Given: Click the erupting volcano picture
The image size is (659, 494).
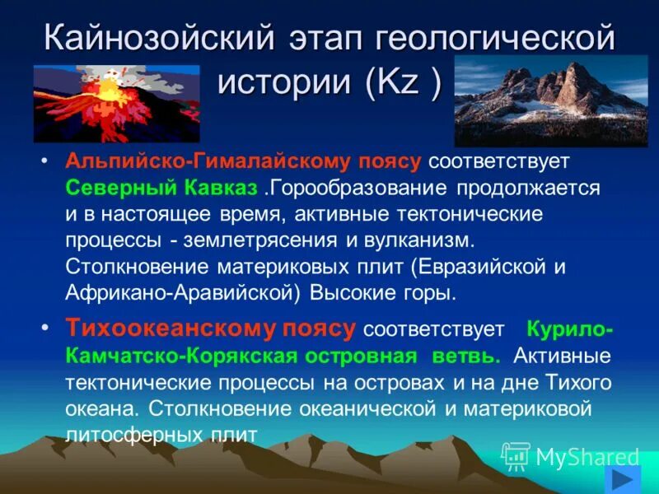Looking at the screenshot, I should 116,104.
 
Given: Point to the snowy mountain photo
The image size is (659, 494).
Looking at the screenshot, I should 551,100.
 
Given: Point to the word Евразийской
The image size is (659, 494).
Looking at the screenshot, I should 470,268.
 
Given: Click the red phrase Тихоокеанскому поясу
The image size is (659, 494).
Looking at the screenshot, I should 211,329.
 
